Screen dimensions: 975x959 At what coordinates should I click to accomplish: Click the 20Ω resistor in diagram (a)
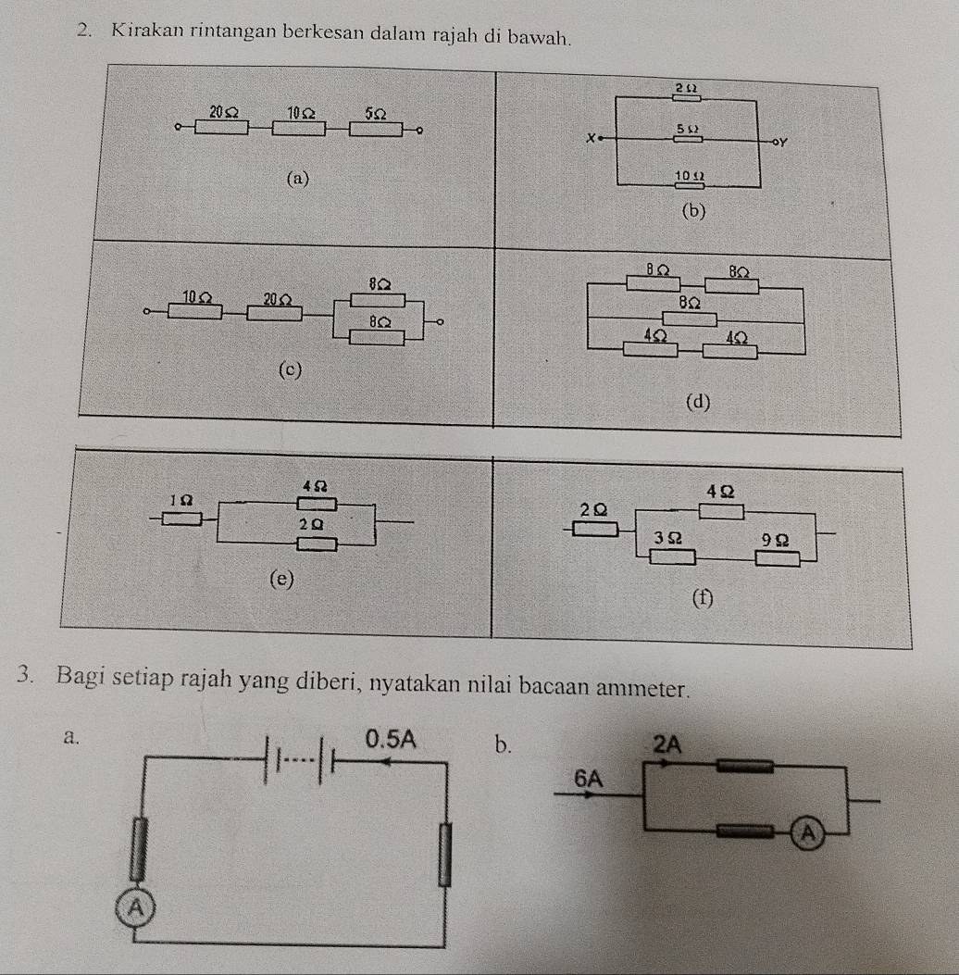click(x=221, y=127)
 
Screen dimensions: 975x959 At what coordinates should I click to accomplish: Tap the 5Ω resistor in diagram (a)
click(x=376, y=127)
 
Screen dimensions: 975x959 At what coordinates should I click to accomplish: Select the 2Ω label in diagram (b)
click(x=685, y=87)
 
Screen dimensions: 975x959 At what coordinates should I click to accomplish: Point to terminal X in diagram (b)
click(x=592, y=138)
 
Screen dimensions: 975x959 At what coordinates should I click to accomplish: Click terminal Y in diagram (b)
click(x=779, y=142)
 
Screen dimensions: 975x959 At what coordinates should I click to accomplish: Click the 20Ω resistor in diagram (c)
click(x=274, y=313)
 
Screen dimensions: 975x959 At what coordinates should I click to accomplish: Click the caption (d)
click(x=699, y=402)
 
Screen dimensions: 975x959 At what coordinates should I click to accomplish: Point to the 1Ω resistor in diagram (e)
click(x=182, y=517)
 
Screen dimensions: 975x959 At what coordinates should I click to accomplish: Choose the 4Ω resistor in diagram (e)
click(x=316, y=505)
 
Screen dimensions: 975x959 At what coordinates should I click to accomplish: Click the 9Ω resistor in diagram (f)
click(x=777, y=557)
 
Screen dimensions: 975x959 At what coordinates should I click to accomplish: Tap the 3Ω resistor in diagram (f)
click(x=672, y=556)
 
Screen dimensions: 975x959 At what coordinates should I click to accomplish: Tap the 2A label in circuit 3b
click(x=666, y=743)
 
